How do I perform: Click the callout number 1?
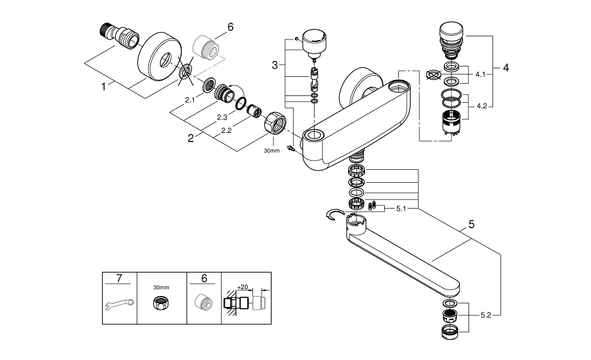103,87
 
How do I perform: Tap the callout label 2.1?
190,100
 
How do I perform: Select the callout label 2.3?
222,118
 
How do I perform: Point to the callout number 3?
275,65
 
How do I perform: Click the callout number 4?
506,68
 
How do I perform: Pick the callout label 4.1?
480,74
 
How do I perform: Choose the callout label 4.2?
481,106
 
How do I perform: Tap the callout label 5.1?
401,209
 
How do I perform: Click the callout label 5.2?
486,315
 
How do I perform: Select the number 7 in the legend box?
119,278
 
